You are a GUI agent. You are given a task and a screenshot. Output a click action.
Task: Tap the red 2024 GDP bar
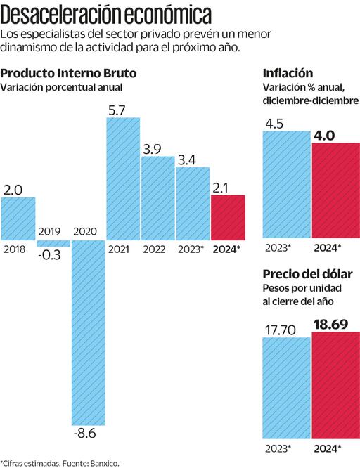(x=229, y=218)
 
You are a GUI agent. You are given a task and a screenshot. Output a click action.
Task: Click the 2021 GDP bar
(x=123, y=179)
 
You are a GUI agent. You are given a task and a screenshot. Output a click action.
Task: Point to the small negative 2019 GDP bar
(x=53, y=243)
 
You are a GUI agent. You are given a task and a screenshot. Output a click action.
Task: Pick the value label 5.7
(x=117, y=110)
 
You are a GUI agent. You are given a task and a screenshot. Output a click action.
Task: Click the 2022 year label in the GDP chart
(x=155, y=249)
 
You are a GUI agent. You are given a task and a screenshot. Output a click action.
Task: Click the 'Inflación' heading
(x=288, y=73)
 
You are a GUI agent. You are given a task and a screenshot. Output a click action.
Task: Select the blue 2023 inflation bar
(x=286, y=184)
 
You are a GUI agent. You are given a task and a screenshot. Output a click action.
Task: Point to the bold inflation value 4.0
(x=323, y=135)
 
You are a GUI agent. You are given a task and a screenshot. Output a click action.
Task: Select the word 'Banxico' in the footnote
(x=103, y=462)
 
